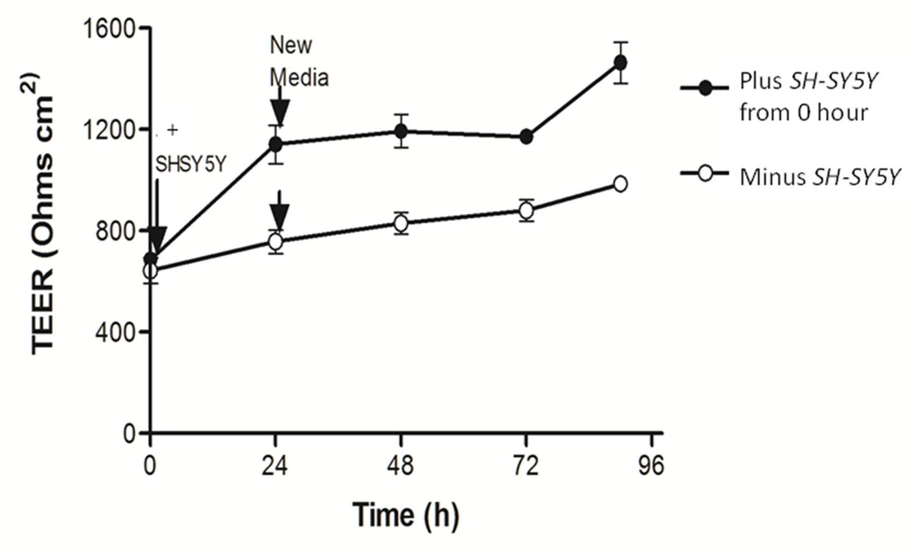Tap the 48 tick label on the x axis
[x=400, y=466]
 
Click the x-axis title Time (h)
[x=406, y=515]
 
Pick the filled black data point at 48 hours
[x=401, y=131]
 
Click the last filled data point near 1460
[x=620, y=62]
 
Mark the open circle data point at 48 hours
[x=401, y=223]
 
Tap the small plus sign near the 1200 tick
[x=172, y=130]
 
